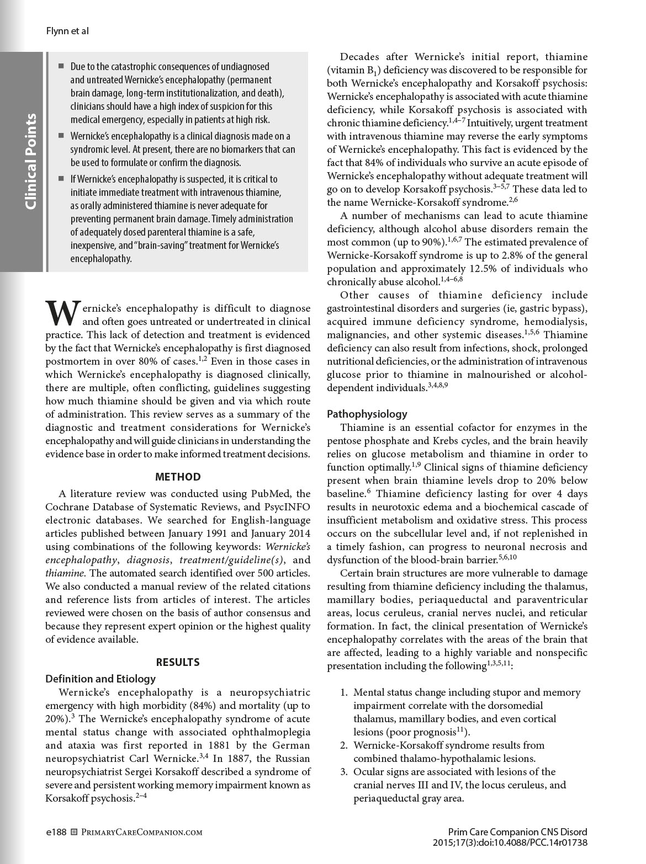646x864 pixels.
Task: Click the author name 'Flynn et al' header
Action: pyautogui.click(x=67, y=31)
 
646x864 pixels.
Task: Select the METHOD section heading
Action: pyautogui.click(x=178, y=477)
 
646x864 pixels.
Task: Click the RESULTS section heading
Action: pyautogui.click(x=178, y=662)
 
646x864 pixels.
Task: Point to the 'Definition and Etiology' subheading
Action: pyautogui.click(x=100, y=679)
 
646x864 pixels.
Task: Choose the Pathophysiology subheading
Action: pyautogui.click(x=367, y=414)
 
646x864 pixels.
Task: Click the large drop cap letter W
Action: pyautogui.click(x=62, y=313)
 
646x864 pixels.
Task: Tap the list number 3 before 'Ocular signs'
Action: pyautogui.click(x=343, y=771)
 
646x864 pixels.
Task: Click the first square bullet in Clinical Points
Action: pyautogui.click(x=61, y=66)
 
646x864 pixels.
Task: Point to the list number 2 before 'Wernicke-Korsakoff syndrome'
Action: pyautogui.click(x=343, y=745)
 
